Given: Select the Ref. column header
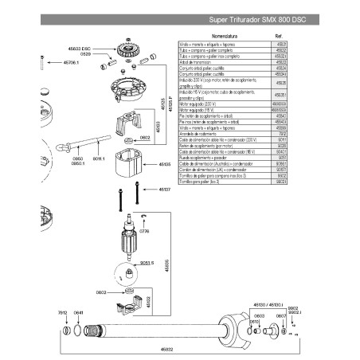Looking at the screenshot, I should tap(277, 35).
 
